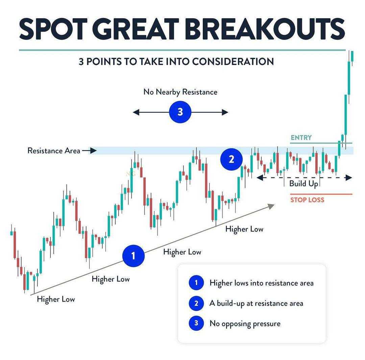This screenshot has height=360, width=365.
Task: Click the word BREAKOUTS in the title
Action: (x=266, y=29)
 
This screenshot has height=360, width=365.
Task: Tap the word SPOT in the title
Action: (x=53, y=29)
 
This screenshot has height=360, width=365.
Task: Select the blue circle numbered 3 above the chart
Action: (x=180, y=112)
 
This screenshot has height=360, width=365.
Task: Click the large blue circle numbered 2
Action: (x=232, y=159)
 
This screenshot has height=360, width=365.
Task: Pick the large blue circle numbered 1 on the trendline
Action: (x=133, y=255)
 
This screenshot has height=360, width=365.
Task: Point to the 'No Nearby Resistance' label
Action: (x=180, y=92)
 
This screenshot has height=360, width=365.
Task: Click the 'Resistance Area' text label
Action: (x=54, y=151)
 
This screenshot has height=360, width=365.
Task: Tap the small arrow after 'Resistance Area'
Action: (x=89, y=151)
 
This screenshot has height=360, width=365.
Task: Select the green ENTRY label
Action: (x=301, y=138)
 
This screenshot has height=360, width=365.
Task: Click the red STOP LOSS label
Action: (x=307, y=200)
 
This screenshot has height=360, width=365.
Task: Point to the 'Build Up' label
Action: (x=303, y=184)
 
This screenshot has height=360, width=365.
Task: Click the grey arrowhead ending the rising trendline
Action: (x=271, y=206)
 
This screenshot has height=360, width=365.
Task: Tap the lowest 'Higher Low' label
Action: (x=56, y=299)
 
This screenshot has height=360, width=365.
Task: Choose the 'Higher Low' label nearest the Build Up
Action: (x=244, y=229)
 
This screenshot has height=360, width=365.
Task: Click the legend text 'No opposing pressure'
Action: (x=245, y=324)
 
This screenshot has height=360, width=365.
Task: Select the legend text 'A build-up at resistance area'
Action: (x=256, y=303)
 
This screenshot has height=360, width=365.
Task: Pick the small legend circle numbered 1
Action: (x=196, y=283)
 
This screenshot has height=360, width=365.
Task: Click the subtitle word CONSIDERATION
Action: (x=233, y=62)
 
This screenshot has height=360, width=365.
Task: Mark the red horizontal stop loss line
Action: (x=321, y=194)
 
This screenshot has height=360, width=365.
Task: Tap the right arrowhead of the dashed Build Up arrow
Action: (x=349, y=178)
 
